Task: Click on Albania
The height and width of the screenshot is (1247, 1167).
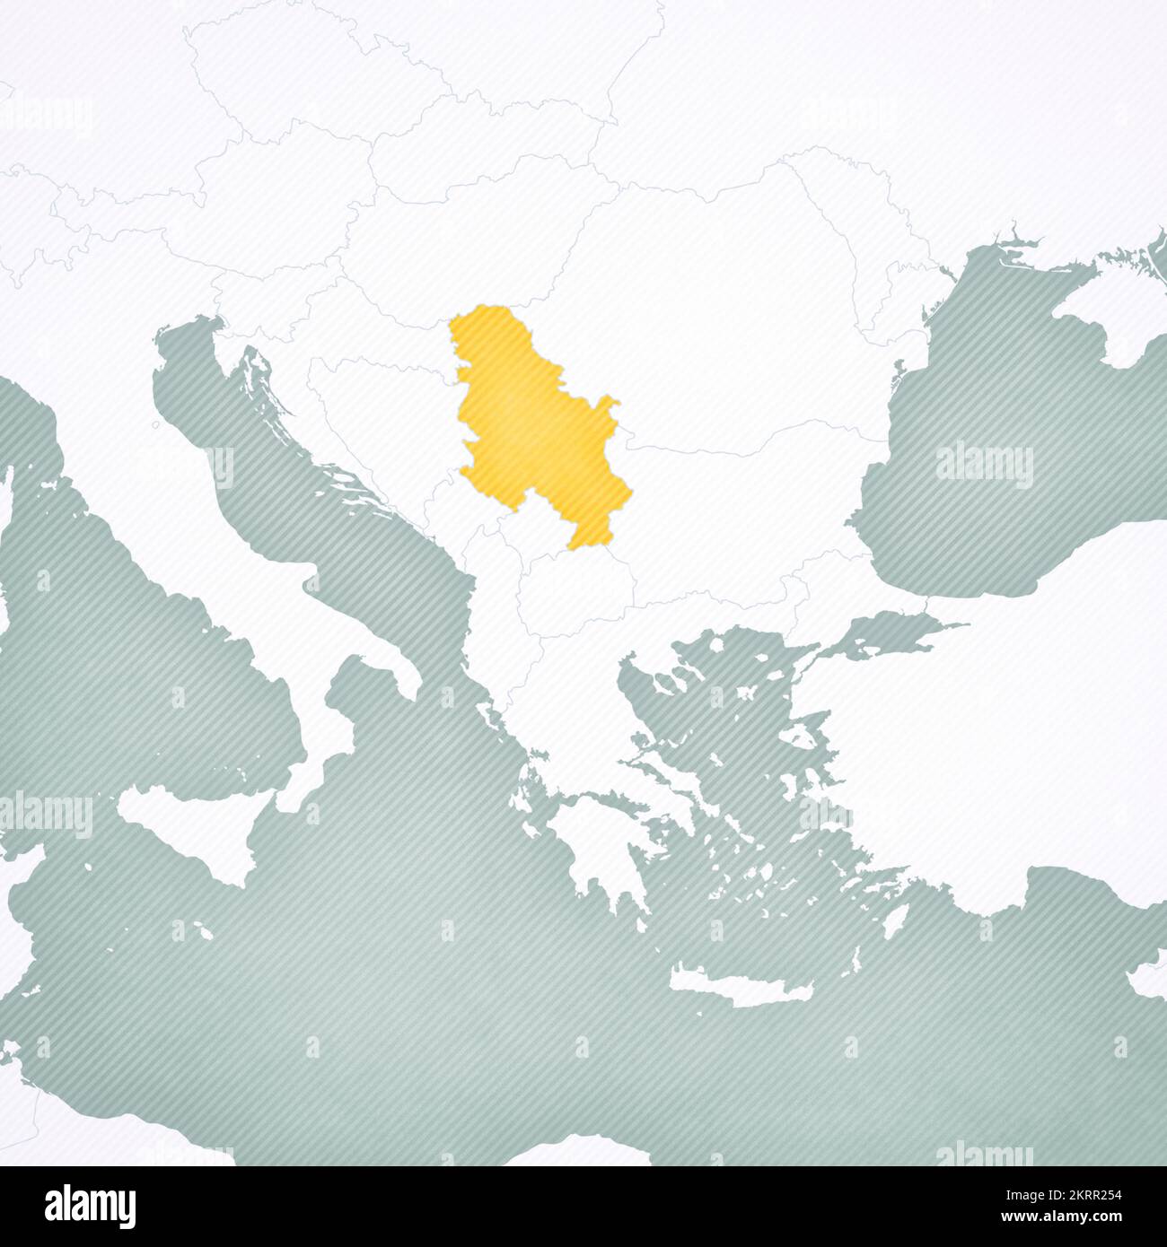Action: (x=489, y=619)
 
